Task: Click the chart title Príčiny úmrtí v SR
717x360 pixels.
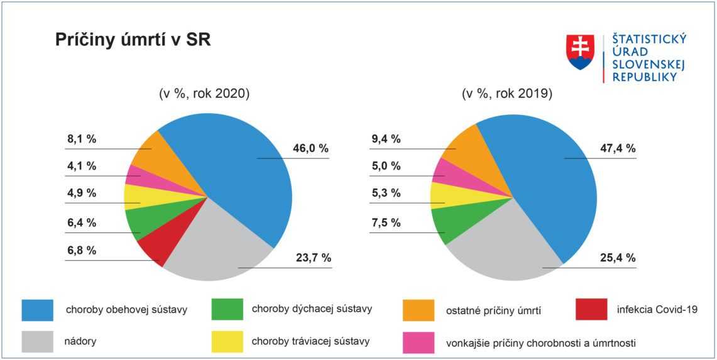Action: coord(133,40)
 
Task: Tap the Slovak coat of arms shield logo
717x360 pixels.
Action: coord(580,52)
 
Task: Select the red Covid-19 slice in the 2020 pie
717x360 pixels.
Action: coord(151,249)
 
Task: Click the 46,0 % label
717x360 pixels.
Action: coord(310,149)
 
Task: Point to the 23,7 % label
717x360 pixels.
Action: coord(313,258)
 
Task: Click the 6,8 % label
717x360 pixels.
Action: coord(82,251)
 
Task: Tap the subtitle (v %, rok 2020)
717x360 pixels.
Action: coord(205,94)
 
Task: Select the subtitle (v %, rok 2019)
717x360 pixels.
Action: coord(507,94)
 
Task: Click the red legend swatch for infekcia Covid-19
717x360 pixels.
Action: coord(591,309)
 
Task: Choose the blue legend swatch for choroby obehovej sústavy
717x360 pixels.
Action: coord(38,309)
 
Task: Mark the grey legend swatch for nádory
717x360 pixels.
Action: coord(38,342)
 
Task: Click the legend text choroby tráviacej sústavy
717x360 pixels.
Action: coord(310,341)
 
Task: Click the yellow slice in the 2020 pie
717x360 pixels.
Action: coord(135,197)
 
